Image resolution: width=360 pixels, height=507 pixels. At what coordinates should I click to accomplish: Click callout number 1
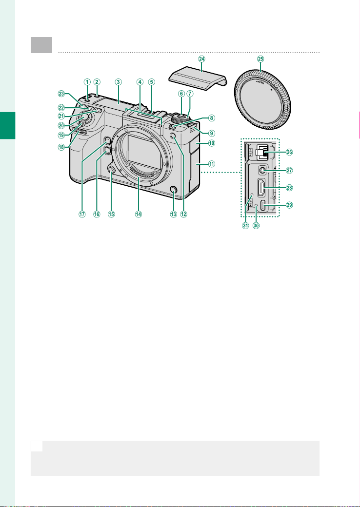pyautogui.click(x=86, y=82)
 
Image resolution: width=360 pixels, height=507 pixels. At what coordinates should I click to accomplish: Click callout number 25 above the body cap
pyautogui.click(x=260, y=59)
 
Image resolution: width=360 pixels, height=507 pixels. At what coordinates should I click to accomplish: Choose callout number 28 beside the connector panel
pyautogui.click(x=289, y=187)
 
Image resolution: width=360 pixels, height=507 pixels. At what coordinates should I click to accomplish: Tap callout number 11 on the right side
pyautogui.click(x=211, y=164)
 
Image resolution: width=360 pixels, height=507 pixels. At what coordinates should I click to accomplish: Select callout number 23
pyautogui.click(x=61, y=94)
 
